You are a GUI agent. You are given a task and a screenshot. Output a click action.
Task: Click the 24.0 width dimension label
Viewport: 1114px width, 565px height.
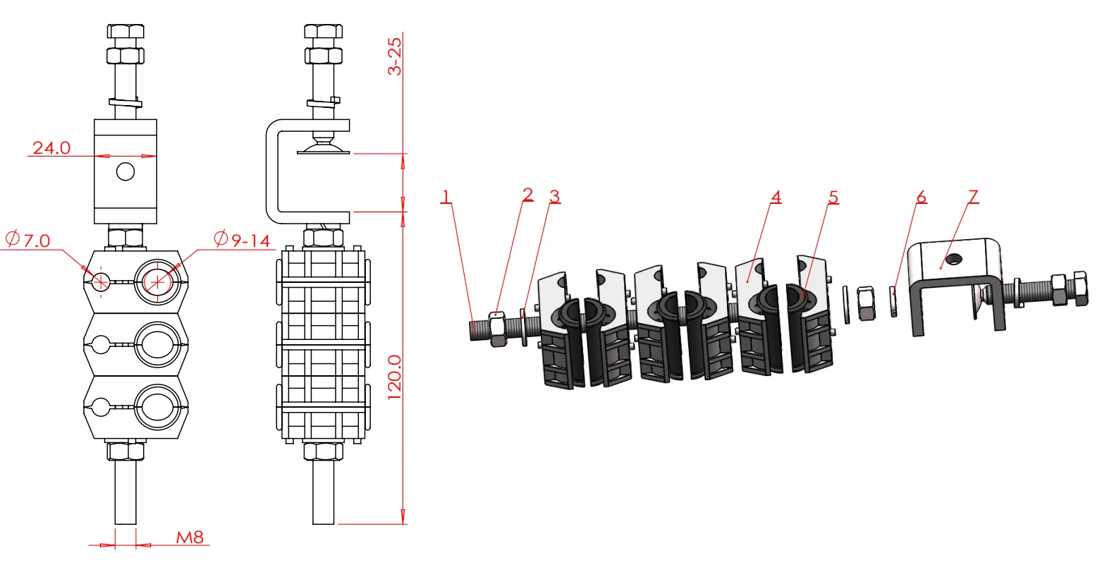(51, 147)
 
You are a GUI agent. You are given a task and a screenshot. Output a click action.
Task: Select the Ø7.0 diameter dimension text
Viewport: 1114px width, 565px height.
(28, 240)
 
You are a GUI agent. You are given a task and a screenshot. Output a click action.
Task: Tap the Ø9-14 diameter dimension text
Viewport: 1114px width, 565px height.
(243, 240)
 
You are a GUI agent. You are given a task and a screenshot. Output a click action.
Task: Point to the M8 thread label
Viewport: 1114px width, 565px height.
(190, 537)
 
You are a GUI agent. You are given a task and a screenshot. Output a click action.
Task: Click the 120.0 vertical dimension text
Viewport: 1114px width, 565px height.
(395, 377)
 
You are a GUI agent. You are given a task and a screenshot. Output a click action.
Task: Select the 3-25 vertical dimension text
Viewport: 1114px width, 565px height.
(395, 56)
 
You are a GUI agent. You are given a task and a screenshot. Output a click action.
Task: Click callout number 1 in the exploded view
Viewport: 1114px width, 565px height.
(446, 196)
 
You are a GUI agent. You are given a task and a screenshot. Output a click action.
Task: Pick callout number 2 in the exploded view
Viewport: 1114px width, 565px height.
(528, 194)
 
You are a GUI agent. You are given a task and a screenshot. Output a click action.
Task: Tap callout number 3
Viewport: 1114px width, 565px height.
(555, 196)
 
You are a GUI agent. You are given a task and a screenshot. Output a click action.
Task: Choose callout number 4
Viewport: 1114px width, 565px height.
(776, 196)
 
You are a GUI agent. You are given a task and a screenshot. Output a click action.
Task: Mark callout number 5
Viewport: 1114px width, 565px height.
(833, 197)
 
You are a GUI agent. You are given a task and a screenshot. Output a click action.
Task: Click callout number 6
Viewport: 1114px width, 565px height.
(921, 196)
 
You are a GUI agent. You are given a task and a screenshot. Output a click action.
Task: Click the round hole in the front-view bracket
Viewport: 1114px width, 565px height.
(126, 171)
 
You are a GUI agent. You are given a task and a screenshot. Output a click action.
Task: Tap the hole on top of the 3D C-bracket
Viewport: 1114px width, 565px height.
(953, 258)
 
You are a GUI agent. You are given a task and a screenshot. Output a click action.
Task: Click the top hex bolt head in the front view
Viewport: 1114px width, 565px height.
(126, 32)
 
